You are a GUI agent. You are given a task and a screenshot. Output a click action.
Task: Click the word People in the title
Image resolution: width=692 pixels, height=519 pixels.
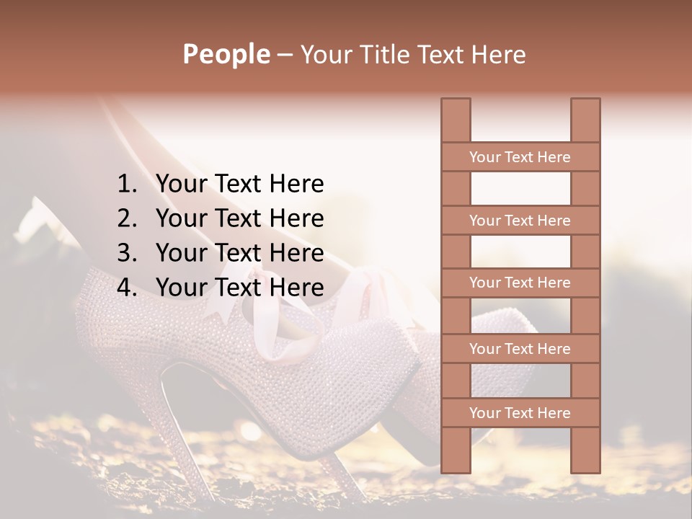(226, 54)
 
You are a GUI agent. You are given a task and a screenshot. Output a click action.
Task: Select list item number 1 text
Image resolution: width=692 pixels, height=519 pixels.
(239, 184)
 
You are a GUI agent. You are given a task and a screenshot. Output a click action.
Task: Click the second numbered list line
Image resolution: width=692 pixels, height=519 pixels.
(239, 218)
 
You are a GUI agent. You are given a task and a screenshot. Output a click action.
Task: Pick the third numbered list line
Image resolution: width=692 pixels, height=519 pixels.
(239, 253)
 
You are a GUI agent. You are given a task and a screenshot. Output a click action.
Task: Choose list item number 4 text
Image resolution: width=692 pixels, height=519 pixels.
(239, 288)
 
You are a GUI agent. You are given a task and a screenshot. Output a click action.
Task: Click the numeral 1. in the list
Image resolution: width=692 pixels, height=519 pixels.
(128, 184)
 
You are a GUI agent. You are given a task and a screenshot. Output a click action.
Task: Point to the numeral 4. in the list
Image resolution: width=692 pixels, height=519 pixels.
(128, 288)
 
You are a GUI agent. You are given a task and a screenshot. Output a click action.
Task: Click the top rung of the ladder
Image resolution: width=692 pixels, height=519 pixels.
(520, 157)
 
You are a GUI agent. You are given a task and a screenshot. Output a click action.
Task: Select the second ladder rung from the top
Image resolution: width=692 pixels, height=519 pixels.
(520, 221)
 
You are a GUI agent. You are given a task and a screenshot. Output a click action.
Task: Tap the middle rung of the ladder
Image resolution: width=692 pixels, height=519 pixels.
(520, 283)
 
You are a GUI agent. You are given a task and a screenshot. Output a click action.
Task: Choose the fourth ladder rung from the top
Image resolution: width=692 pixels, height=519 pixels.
(520, 349)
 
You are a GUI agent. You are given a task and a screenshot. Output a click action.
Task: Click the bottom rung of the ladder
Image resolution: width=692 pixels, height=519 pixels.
(520, 413)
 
